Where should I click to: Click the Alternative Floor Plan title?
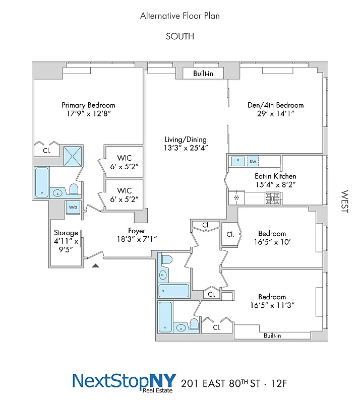(x=179, y=16)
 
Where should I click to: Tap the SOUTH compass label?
(x=179, y=36)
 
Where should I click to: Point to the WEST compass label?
(x=345, y=201)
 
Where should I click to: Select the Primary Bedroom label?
(x=88, y=105)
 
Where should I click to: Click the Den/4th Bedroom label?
(x=275, y=105)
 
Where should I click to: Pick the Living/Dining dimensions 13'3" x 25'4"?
(x=186, y=148)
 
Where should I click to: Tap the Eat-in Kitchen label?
(x=275, y=176)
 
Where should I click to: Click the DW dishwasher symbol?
(x=253, y=162)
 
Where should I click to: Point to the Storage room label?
(x=66, y=233)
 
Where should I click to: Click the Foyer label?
(x=137, y=231)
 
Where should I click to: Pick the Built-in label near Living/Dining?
(x=203, y=74)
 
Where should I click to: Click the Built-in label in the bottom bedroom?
(x=272, y=335)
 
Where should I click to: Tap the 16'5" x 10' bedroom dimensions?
(x=272, y=242)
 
